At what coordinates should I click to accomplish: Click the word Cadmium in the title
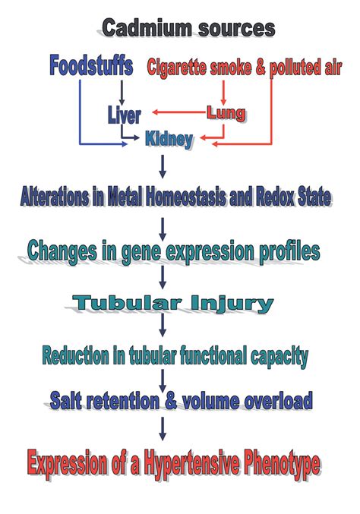(x=147, y=28)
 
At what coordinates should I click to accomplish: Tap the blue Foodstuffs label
(x=91, y=65)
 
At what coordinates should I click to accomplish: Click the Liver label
(x=125, y=115)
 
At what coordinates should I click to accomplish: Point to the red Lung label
(x=226, y=114)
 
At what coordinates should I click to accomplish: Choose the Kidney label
(x=169, y=140)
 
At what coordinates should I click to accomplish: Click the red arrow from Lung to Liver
(x=179, y=112)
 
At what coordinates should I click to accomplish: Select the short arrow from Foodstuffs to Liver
(x=122, y=93)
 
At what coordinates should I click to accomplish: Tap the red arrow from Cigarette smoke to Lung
(x=223, y=93)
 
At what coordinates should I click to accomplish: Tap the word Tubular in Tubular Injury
(x=127, y=303)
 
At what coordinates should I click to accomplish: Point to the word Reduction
(x=75, y=355)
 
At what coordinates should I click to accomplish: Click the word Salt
(x=65, y=401)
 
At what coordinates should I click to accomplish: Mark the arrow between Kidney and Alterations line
(x=163, y=166)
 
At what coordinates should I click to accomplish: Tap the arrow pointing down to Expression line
(x=163, y=428)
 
